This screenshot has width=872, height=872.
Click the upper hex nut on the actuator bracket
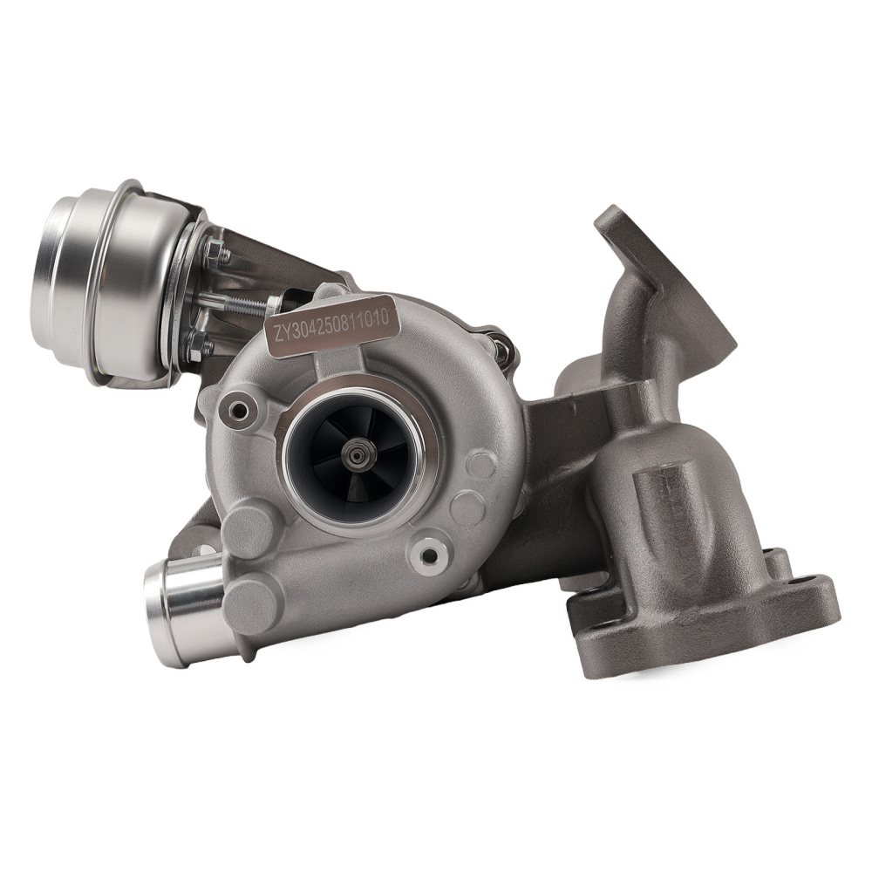tap(216, 254)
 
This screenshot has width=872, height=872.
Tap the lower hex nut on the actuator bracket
tap(199, 345)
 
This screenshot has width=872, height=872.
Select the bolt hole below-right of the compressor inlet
tap(428, 553)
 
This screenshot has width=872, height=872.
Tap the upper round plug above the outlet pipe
tap(249, 527)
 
